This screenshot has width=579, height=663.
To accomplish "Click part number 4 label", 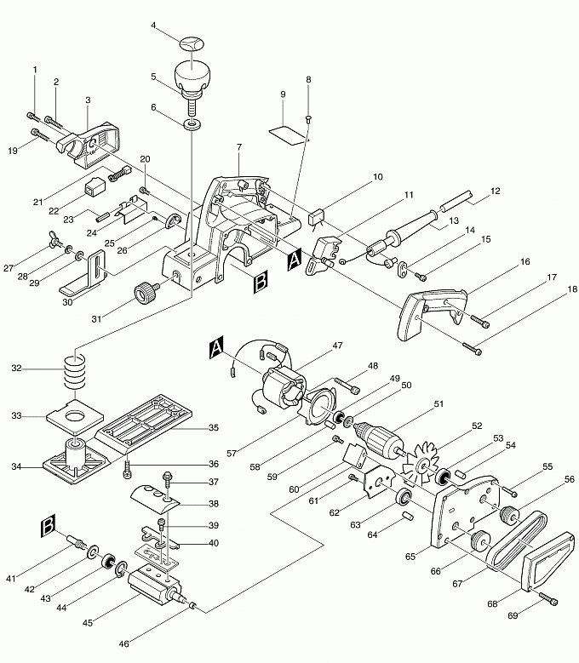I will pos(153,26).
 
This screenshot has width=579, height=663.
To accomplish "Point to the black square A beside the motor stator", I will pos(216,346).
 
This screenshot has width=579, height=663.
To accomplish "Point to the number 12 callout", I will pos(495,191).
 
